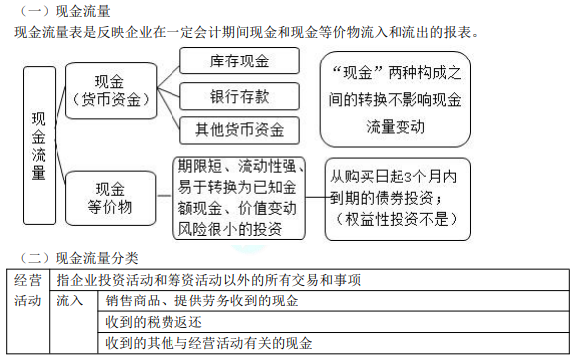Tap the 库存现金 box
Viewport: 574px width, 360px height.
pyautogui.click(x=239, y=60)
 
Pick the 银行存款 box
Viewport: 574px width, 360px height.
pyautogui.click(x=239, y=96)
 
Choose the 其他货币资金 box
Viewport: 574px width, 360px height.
pyautogui.click(x=239, y=130)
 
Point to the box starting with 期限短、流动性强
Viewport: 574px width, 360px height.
pyautogui.click(x=242, y=195)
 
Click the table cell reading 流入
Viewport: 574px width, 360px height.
pyautogui.click(x=70, y=300)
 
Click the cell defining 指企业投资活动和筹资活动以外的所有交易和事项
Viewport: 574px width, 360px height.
pyautogui.click(x=209, y=279)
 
